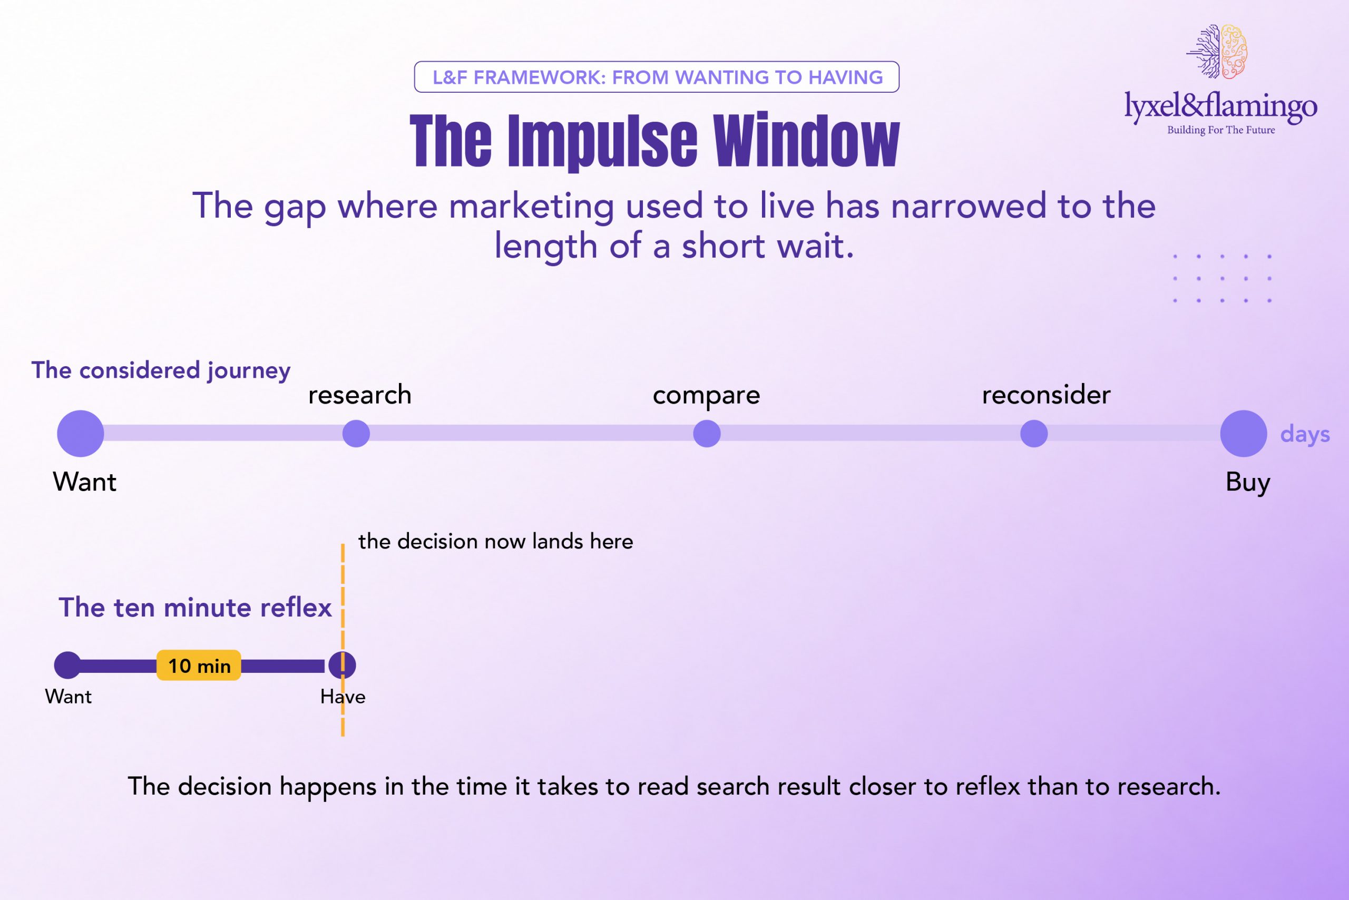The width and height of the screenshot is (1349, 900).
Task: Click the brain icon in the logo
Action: coord(1217,52)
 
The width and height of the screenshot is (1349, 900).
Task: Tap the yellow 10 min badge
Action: coord(199,665)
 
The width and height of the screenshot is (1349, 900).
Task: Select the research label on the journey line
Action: coord(360,395)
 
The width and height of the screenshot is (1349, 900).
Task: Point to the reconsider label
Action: coord(1046,395)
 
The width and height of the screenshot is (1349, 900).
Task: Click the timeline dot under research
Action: coord(356,433)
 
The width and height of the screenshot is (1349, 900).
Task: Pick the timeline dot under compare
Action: coord(707,433)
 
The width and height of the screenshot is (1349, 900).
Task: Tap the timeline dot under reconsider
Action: coord(1034,433)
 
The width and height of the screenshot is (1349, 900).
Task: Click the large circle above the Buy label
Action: coord(1244,433)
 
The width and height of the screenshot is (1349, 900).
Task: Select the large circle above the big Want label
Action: coord(81,433)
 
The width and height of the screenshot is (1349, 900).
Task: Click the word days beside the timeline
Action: coord(1305,435)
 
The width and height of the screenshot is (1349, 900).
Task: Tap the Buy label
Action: coord(1247,482)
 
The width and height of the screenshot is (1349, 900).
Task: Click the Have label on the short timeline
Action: coord(343,696)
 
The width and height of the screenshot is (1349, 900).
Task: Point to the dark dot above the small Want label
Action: coord(68,665)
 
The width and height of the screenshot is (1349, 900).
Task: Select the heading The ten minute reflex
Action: coord(195,607)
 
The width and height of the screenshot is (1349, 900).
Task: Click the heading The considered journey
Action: coord(161,371)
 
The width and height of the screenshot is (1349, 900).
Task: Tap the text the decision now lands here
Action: coord(495,541)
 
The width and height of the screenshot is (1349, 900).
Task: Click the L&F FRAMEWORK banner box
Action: coord(657,77)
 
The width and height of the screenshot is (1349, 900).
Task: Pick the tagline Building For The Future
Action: coord(1221,130)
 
